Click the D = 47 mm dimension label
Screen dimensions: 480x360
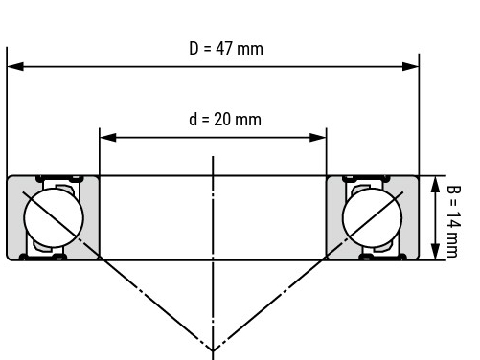click(x=226, y=49)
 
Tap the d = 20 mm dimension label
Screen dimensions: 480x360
click(x=225, y=120)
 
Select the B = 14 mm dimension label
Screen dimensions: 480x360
click(x=453, y=221)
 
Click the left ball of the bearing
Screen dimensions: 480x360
click(x=54, y=217)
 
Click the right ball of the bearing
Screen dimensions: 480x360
click(x=372, y=217)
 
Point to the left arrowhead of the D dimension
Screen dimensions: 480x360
click(x=15, y=67)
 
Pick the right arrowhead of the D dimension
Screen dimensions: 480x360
click(x=411, y=67)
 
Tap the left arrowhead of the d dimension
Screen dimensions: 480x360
click(x=108, y=138)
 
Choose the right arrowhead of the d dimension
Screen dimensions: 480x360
click(x=318, y=138)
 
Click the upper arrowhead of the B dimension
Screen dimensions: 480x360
click(x=435, y=185)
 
